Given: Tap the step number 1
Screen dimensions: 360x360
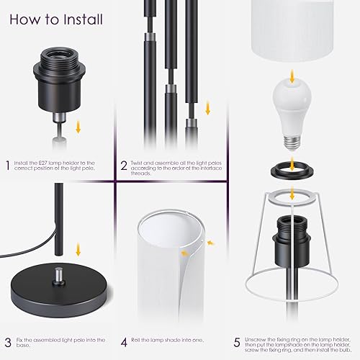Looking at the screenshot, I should (x=8, y=166).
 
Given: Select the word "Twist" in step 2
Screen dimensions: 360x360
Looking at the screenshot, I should (x=138, y=163).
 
